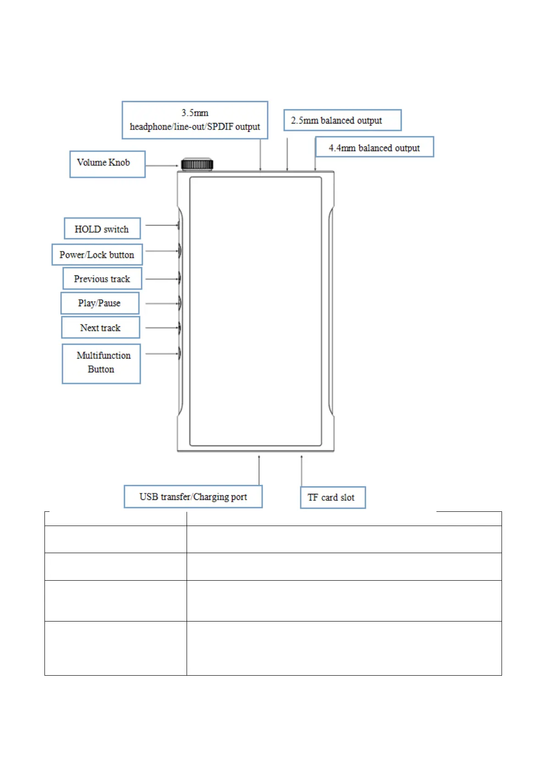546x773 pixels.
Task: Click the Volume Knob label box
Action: click(107, 164)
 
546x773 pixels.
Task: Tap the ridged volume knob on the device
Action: click(197, 164)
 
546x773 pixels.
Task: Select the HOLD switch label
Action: click(102, 229)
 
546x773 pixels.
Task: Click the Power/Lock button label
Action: click(97, 255)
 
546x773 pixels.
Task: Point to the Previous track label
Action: click(102, 279)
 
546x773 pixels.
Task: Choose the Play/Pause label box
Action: click(99, 303)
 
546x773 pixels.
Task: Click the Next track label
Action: click(100, 328)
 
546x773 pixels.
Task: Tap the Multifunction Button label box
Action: click(101, 363)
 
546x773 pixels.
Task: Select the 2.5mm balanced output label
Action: click(342, 120)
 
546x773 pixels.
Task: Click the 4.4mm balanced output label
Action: click(374, 147)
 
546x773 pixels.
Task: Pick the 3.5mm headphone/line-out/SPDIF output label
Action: click(195, 120)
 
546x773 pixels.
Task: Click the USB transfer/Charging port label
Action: click(193, 497)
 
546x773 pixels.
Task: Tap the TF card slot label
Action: click(332, 498)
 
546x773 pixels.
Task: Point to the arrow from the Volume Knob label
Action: click(161, 166)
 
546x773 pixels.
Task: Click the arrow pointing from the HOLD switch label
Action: click(161, 225)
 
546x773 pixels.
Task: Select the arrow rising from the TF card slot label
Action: click(302, 471)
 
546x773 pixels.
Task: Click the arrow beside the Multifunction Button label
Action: click(161, 354)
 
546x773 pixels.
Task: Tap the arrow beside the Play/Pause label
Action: click(161, 303)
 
